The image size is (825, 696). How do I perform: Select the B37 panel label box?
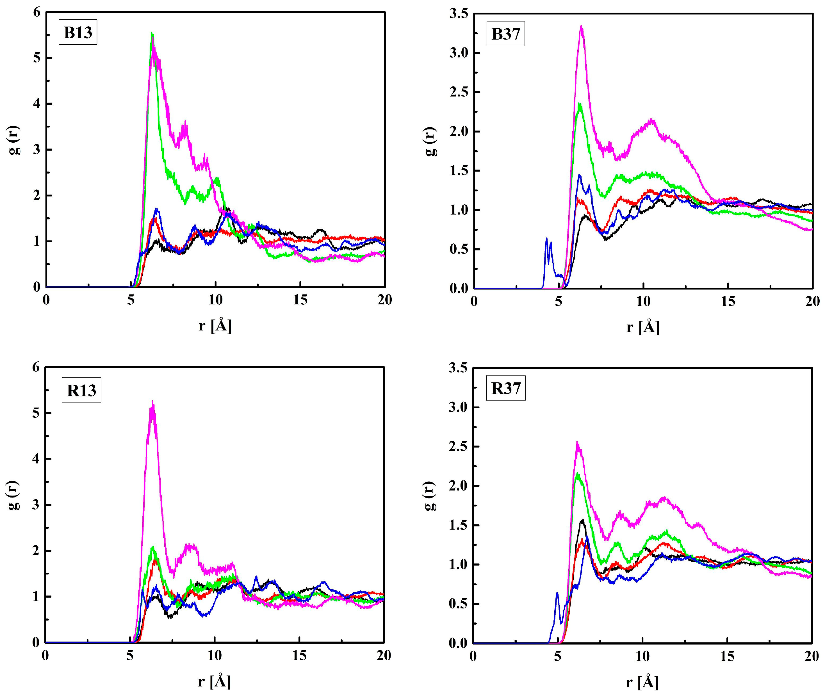pos(505,34)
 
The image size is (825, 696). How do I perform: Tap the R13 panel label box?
pos(81,390)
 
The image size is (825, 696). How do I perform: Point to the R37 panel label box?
pos(505,388)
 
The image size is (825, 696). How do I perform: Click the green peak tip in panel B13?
pos(152,33)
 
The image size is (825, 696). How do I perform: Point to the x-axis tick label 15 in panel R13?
pos(299,655)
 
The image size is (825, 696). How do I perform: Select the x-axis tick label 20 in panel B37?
pos(812,302)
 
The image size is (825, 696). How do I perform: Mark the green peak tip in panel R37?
pos(578,473)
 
